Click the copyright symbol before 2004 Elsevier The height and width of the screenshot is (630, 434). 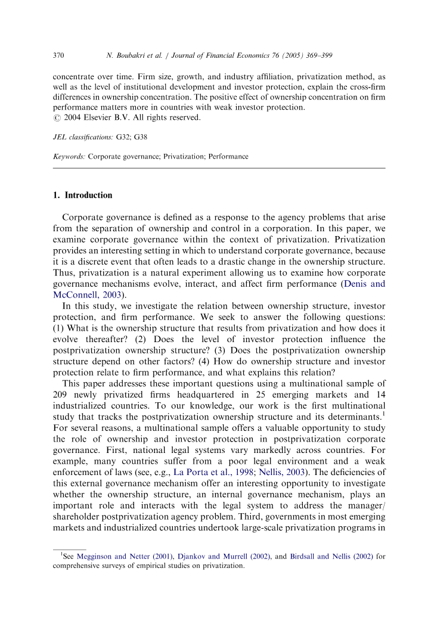[57, 118]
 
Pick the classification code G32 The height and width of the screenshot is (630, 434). [123, 137]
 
